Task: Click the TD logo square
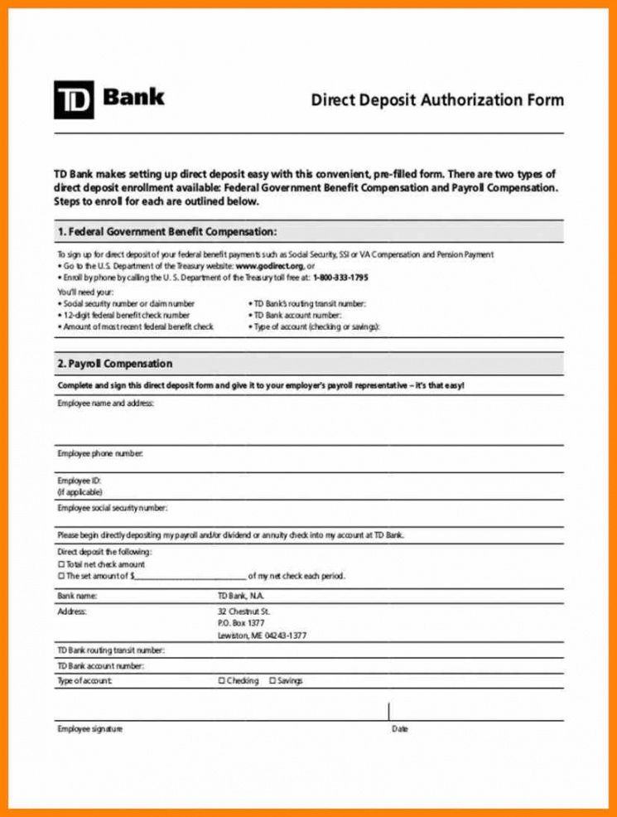pyautogui.click(x=74, y=99)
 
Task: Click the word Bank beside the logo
pyautogui.click(x=133, y=97)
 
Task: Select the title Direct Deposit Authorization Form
pyautogui.click(x=436, y=100)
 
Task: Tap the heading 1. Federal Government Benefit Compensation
pyautogui.click(x=167, y=231)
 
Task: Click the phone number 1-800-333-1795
pyautogui.click(x=340, y=277)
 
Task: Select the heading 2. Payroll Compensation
pyautogui.click(x=115, y=364)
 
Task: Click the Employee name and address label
pyautogui.click(x=105, y=404)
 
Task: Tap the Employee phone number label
pyautogui.click(x=100, y=453)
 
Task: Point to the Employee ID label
pyautogui.click(x=79, y=481)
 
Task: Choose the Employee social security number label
pyautogui.click(x=112, y=507)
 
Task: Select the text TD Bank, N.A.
pyautogui.click(x=241, y=596)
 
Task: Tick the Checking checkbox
pyautogui.click(x=221, y=681)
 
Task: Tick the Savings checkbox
pyautogui.click(x=272, y=681)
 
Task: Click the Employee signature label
pyautogui.click(x=89, y=729)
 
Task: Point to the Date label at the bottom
pyautogui.click(x=399, y=729)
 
